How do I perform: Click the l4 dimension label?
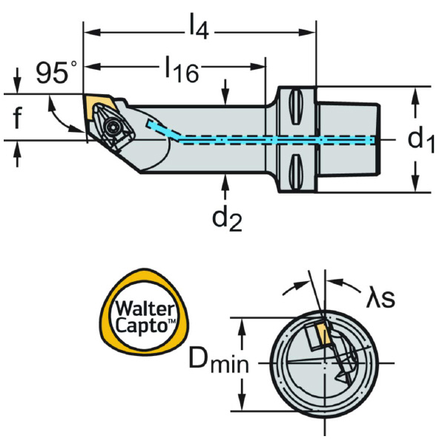pos(198,30)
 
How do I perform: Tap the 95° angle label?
pos(56,73)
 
